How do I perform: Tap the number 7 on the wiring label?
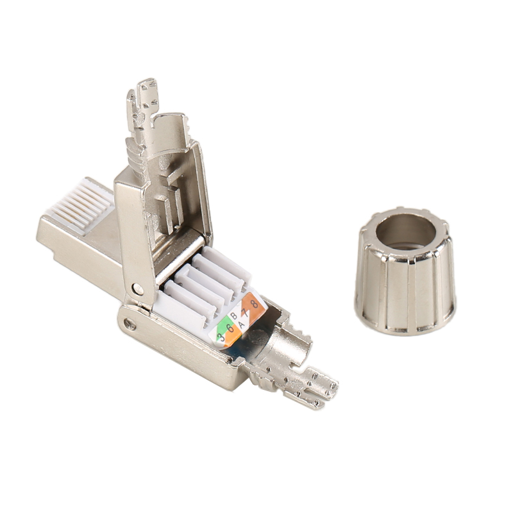click(244, 312)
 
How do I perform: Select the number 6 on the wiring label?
click(230, 328)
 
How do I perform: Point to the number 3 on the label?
click(222, 337)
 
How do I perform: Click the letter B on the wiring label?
click(233, 315)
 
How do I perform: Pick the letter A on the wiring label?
click(242, 325)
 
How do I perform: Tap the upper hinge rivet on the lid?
click(139, 289)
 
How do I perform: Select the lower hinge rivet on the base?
click(130, 324)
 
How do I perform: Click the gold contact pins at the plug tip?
click(78, 205)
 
